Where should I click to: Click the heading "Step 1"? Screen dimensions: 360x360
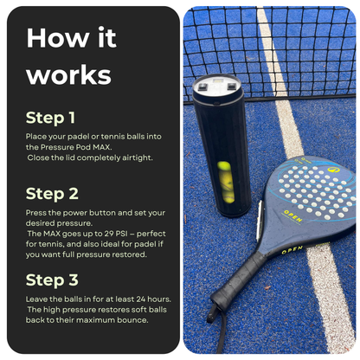coord(51,117)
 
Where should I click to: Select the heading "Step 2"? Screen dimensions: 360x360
coord(52,194)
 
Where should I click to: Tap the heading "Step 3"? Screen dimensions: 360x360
coord(52,280)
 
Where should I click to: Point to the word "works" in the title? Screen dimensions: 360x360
coord(68,74)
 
